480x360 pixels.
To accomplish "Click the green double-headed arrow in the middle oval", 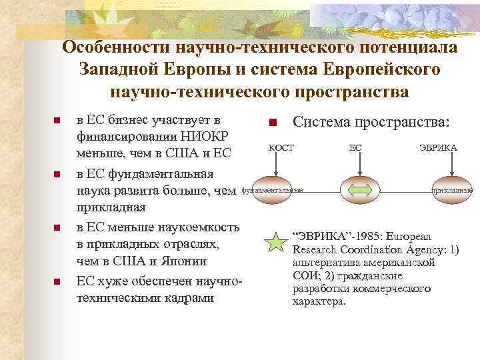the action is pyautogui.click(x=359, y=191).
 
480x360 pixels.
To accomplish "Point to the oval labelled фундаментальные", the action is pyautogui.click(x=272, y=191).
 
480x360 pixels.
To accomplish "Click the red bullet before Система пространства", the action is pyautogui.click(x=272, y=123).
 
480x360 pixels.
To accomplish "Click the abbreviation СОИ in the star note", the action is pyautogui.click(x=303, y=275).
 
